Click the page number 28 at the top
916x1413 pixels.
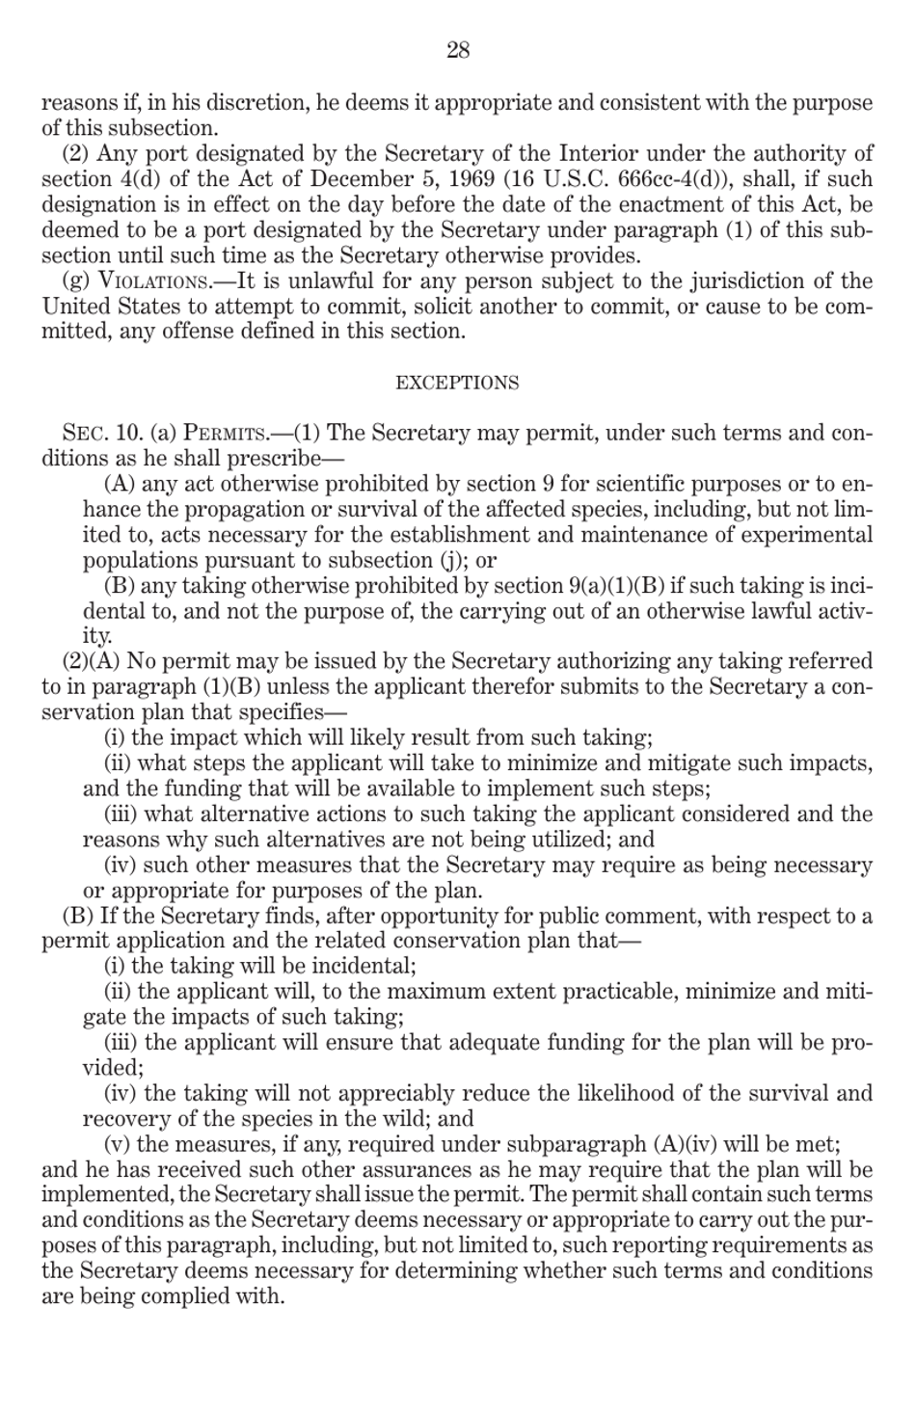458,51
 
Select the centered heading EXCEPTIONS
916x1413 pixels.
457,383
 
